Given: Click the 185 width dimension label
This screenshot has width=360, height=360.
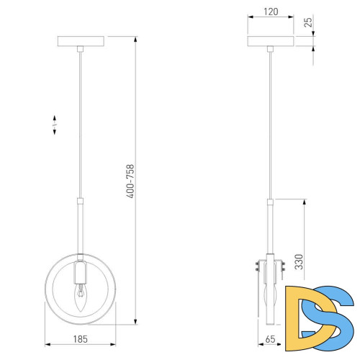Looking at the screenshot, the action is (x=80, y=339).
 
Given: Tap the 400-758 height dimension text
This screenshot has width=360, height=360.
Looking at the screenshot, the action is (x=130, y=181).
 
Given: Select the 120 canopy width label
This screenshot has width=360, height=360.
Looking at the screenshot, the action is (x=271, y=12).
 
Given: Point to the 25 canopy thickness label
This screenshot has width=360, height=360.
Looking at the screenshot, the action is (x=308, y=22).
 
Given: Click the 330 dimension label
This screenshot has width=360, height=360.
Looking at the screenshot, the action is (x=299, y=261).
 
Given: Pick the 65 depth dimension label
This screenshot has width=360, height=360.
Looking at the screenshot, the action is (x=270, y=339).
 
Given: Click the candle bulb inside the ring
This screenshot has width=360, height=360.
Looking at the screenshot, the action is (x=80, y=297).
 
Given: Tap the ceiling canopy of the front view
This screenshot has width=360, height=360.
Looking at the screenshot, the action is (x=81, y=41).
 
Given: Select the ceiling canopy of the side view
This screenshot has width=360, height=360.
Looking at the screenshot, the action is (x=271, y=41).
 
